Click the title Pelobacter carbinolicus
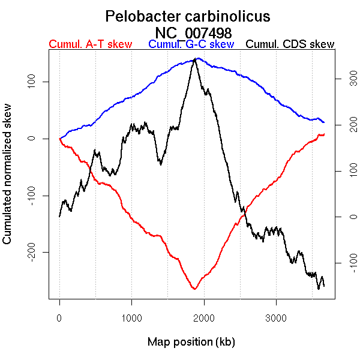point(187,16)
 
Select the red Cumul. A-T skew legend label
point(90,44)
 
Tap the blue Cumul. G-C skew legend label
point(191,44)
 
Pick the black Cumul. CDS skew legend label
point(290,44)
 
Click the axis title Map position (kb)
point(191,343)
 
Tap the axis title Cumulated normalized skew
point(8,181)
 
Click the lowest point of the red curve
point(194,289)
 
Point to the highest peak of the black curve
point(194,60)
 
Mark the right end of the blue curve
point(324,122)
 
